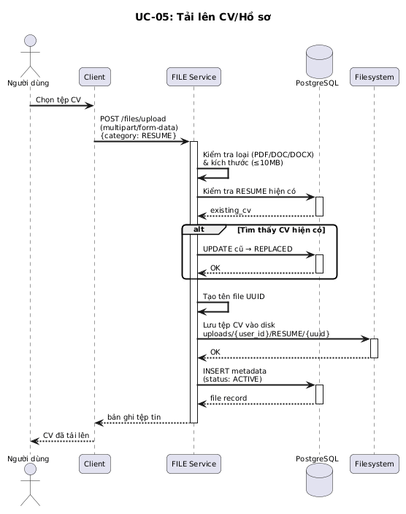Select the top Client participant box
pyautogui.click(x=95, y=77)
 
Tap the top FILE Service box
pyautogui.click(x=194, y=77)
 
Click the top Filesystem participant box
pyautogui.click(x=375, y=77)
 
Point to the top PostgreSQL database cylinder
pyautogui.click(x=319, y=61)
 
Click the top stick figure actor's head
pyautogui.click(x=31, y=41)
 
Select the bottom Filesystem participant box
pyautogui.click(x=375, y=464)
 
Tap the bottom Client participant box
pyautogui.click(x=95, y=464)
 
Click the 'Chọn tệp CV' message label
pyautogui.click(x=58, y=99)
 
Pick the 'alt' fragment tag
pyautogui.click(x=199, y=229)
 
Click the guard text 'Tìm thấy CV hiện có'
pyautogui.click(x=281, y=230)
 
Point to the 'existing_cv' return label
pyautogui.click(x=231, y=210)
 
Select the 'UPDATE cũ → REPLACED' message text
pyautogui.click(x=248, y=249)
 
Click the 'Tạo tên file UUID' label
pyautogui.click(x=234, y=296)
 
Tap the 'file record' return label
pyautogui.click(x=229, y=398)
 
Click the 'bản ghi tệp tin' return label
pyautogui.click(x=134, y=417)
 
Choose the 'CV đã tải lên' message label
pyautogui.click(x=66, y=435)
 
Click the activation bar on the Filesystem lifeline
pyautogui.click(x=375, y=348)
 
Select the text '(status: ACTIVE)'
pyautogui.click(x=232, y=379)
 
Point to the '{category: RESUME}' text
pyautogui.click(x=138, y=136)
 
